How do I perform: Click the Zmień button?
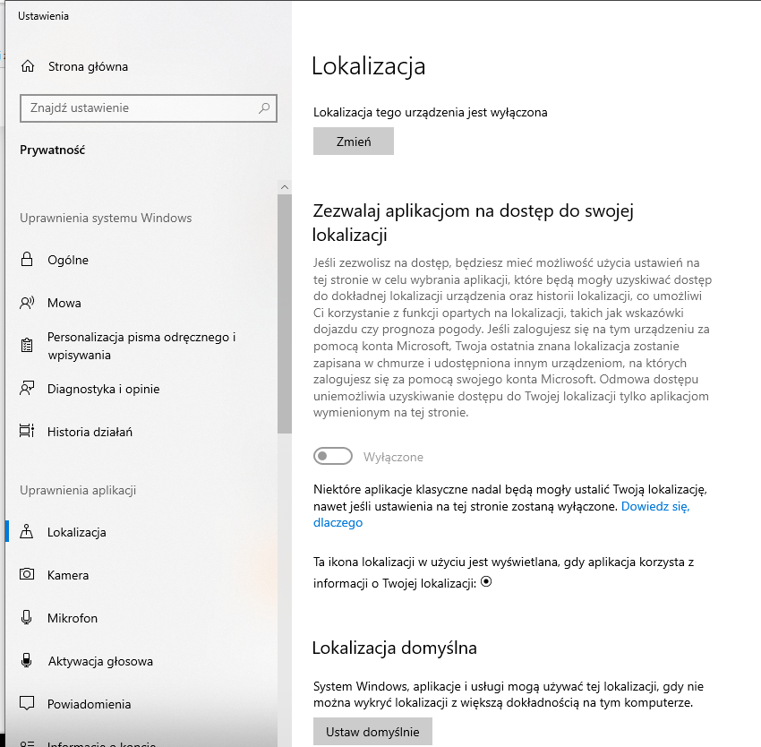[x=353, y=142]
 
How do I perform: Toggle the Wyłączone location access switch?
[x=333, y=457]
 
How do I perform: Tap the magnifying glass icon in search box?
[x=264, y=108]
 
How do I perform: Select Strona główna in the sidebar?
[x=87, y=66]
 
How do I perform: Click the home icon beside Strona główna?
[x=28, y=66]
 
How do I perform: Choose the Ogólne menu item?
[x=68, y=260]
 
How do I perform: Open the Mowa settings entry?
[x=64, y=303]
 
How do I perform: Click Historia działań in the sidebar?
[x=90, y=432]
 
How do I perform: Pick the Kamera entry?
[x=68, y=575]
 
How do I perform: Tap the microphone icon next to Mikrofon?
[x=27, y=618]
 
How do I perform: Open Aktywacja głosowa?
[x=99, y=661]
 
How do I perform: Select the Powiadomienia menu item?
[x=89, y=704]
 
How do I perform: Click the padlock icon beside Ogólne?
[x=27, y=260]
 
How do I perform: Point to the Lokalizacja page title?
[x=368, y=65]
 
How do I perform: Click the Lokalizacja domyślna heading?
[x=395, y=648]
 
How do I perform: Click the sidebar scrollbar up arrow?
[x=285, y=186]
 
